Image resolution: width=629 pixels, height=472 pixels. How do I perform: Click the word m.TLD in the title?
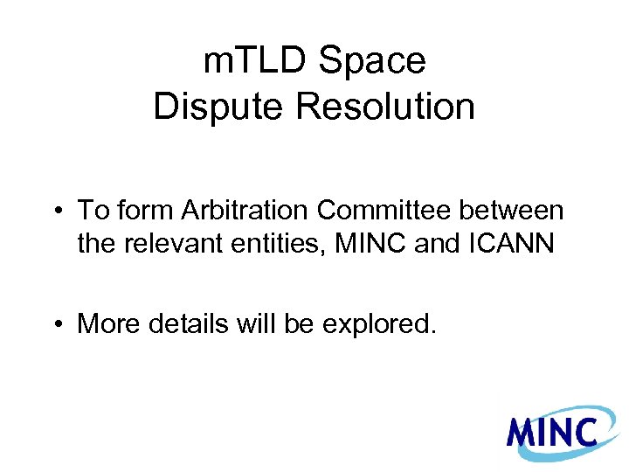[x=254, y=61]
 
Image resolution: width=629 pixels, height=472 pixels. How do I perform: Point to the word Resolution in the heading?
[x=385, y=107]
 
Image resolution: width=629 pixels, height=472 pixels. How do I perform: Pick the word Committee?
[x=388, y=211]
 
